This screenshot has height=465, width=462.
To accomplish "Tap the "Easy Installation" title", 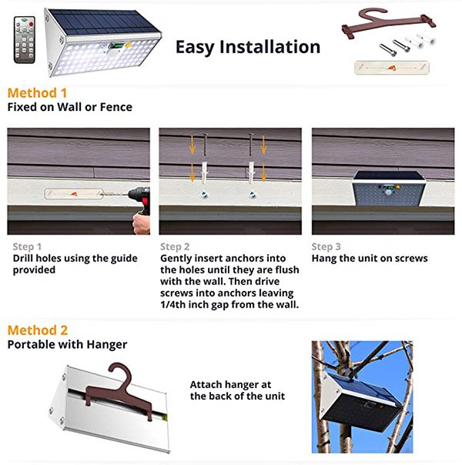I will tap(247, 47).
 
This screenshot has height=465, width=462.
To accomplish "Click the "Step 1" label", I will tap(29, 246).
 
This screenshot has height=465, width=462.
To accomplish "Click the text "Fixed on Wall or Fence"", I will tap(70, 107).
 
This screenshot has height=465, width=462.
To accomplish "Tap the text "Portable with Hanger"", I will tap(67, 344).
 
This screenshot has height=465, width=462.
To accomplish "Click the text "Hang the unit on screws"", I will tap(369, 259).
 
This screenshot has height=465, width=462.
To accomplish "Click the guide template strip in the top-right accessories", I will tap(390, 68).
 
